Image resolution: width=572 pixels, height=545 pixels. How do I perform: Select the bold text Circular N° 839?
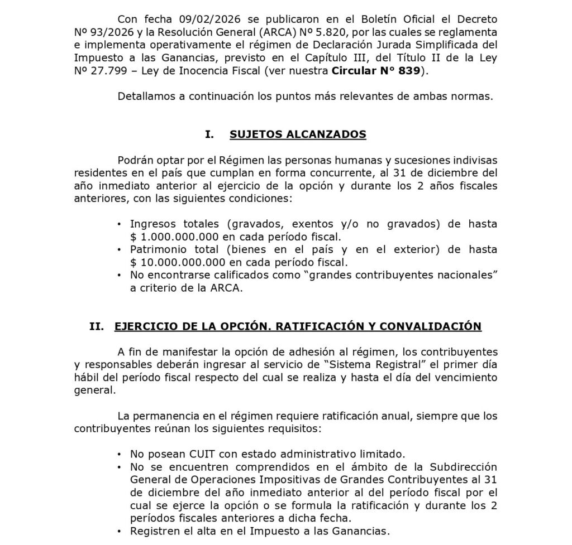[377, 71]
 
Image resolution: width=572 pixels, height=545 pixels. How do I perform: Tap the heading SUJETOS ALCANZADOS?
[298, 134]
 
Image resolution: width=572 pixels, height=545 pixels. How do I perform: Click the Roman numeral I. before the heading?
[209, 134]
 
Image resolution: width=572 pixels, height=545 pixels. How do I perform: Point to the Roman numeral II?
[97, 326]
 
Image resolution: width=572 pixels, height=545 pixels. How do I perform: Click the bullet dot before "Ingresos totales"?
[119, 224]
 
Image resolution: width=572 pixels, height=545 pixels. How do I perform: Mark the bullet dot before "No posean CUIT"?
[119, 454]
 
